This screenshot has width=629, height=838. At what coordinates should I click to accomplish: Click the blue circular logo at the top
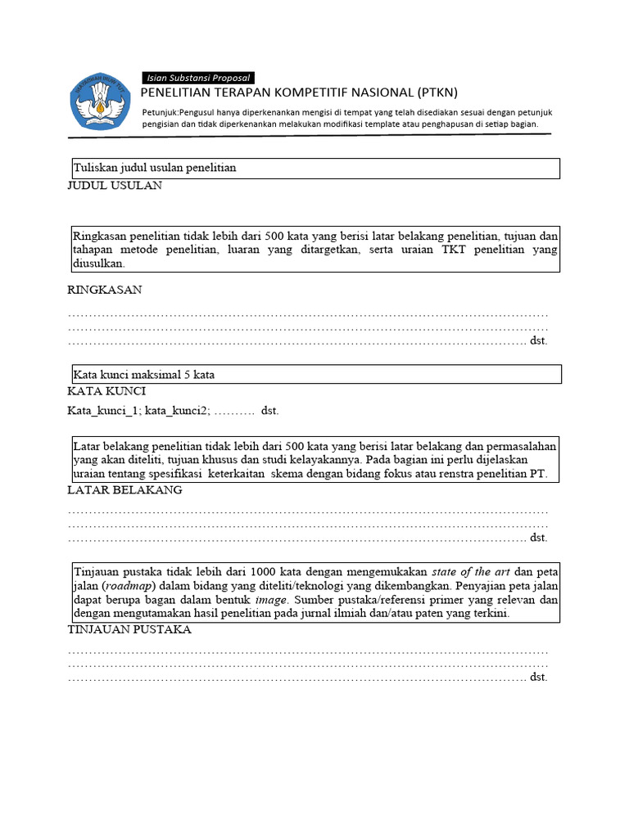(100, 101)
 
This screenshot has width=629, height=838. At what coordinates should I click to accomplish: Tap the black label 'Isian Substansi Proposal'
(197, 77)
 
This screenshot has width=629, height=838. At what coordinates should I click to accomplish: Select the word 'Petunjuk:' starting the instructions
(162, 111)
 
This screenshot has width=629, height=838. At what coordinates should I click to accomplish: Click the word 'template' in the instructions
(387, 124)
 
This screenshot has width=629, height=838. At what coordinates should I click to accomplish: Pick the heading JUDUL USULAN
(115, 186)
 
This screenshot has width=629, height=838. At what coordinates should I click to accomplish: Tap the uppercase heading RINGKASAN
(104, 290)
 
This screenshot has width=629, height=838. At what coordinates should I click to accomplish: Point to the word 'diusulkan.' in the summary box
(99, 264)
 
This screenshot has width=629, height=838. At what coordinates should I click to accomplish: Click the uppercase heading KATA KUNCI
(106, 392)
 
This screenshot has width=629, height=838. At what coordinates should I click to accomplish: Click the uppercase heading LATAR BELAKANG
(124, 490)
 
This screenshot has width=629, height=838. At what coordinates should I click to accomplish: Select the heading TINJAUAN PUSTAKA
(129, 629)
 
